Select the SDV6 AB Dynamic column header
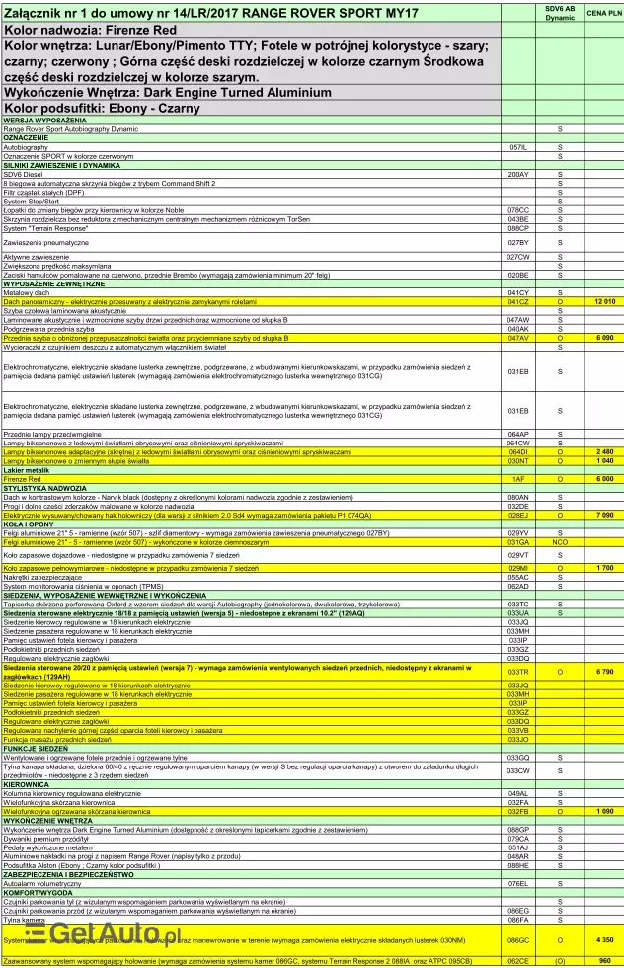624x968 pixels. pos(560,13)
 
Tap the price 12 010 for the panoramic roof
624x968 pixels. pos(604,300)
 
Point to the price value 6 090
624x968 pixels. pos(604,338)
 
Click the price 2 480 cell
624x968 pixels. pos(604,451)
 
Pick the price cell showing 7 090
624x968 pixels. pos(604,515)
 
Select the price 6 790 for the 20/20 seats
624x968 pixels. pos(604,671)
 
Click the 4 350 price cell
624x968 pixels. pos(604,939)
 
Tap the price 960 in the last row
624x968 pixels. pos(604,960)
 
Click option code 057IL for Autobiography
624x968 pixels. pos(518,147)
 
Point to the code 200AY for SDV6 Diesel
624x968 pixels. pos(518,174)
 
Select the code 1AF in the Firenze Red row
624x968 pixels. pos(518,479)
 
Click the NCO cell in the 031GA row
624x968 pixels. pos(560,542)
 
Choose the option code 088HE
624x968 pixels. pos(518,865)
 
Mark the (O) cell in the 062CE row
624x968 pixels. pos(560,960)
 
